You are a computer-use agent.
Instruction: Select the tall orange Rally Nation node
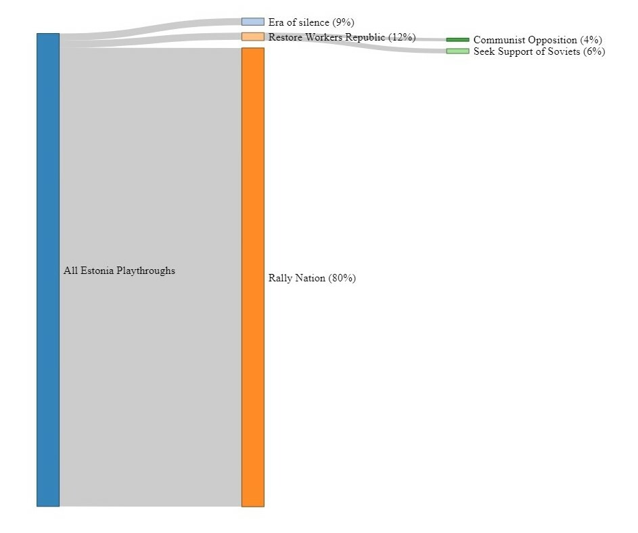coord(252,277)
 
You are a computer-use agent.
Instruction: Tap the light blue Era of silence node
coord(252,22)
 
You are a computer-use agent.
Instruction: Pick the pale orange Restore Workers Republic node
coord(252,37)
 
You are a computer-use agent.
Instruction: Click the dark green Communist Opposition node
coord(457,40)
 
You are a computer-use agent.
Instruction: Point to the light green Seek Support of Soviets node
coord(457,51)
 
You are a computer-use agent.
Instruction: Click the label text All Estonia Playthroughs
coord(119,271)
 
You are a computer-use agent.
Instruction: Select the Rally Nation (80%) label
coord(312,278)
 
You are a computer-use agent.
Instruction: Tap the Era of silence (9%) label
coord(311,22)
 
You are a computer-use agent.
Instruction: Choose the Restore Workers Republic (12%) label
coord(342,37)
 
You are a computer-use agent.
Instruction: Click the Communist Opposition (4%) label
coord(537,41)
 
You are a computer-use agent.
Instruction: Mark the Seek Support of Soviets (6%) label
coord(539,52)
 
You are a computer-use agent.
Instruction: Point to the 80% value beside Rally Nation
coord(342,278)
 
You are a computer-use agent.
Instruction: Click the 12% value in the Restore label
coord(402,37)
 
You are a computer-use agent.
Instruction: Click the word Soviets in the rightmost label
coord(563,52)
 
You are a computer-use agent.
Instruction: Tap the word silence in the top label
coord(313,22)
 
